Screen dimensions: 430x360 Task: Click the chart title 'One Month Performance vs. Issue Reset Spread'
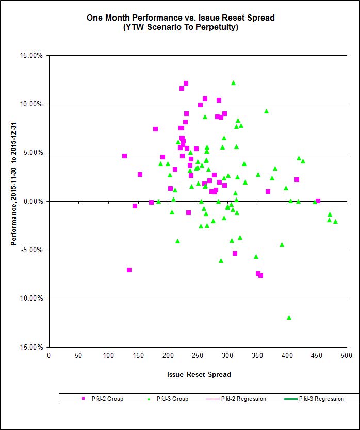tap(180, 18)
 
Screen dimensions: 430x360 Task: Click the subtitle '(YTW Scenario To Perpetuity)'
tap(180, 27)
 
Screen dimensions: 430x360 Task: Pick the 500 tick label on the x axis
tap(346, 356)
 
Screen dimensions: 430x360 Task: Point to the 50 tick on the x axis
tap(78, 356)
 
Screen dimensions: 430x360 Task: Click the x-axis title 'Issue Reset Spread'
tap(199, 374)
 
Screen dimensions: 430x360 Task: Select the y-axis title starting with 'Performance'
tap(14, 201)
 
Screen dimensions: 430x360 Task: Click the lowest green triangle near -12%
tap(289, 317)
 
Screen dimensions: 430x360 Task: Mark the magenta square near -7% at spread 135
tap(129, 270)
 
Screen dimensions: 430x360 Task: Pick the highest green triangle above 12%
tap(233, 82)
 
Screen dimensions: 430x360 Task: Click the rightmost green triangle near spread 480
tap(335, 221)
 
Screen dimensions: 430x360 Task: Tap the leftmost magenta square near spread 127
tap(124, 156)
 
